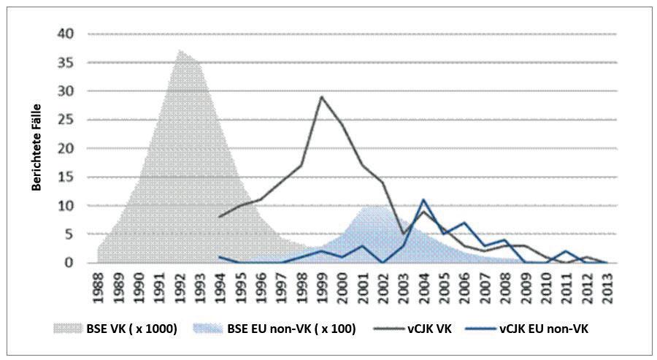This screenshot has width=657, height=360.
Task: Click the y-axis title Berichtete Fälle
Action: pos(37,148)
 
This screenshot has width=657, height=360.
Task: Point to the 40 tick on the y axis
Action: pos(66,34)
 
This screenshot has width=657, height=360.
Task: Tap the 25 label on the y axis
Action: pos(66,120)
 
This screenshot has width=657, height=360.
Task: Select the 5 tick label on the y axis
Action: pos(69,234)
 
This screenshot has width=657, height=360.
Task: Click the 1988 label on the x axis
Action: pos(99,288)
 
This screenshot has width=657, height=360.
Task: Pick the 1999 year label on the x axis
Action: pos(321,288)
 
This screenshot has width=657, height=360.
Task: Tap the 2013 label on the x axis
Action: pos(607,288)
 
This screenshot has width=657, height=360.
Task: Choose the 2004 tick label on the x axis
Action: pos(423,288)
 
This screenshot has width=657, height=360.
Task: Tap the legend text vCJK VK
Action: pos(429,329)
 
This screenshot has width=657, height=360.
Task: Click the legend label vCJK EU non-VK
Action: pos(544,329)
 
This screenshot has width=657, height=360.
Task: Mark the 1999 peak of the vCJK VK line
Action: pos(321,96)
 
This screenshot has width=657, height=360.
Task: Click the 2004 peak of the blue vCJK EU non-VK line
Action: pos(423,199)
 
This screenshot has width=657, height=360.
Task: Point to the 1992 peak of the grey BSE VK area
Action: pos(180,50)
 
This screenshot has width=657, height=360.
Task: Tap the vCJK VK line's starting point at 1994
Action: pos(220,217)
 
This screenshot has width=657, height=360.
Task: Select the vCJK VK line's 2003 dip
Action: pos(403,234)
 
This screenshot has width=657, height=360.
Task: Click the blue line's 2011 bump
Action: pos(566,251)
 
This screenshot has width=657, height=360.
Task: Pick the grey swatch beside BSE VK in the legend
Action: pos(67,329)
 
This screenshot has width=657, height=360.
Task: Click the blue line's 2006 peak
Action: pos(464,223)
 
